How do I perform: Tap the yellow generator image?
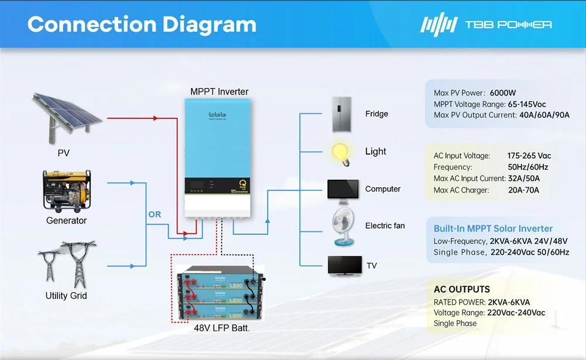(x=67, y=190)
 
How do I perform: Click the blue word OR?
(x=155, y=215)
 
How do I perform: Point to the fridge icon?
(x=343, y=114)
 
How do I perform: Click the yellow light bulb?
(x=342, y=152)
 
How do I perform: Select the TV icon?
(x=344, y=266)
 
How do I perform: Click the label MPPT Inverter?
(x=219, y=92)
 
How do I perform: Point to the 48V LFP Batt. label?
(x=222, y=328)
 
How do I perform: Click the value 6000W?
(x=503, y=93)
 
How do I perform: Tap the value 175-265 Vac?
(x=529, y=156)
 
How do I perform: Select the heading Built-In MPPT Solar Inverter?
(x=493, y=229)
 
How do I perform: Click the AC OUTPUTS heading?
(x=461, y=289)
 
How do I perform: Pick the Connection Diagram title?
(x=142, y=25)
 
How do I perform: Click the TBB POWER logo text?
(x=508, y=25)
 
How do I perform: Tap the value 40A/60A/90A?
(x=544, y=115)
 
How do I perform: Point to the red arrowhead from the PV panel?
(x=155, y=118)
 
